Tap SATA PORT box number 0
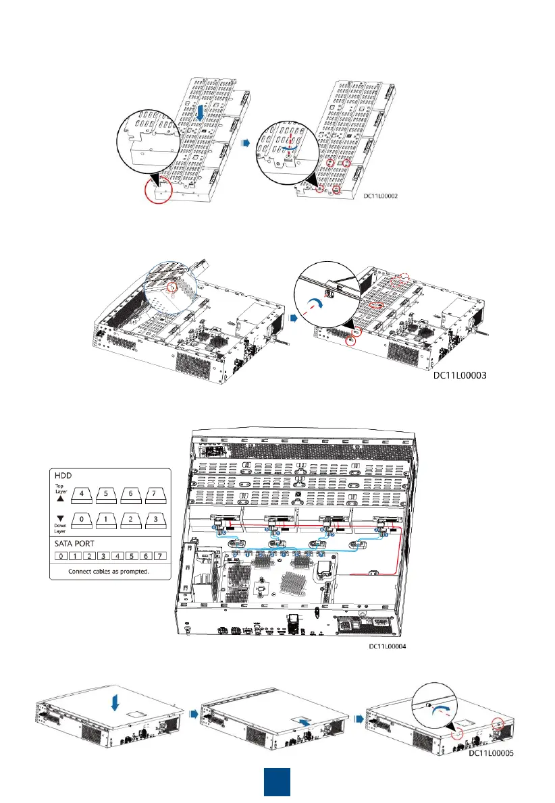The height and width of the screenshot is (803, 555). point(60,558)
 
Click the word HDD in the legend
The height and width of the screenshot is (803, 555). point(63,476)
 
